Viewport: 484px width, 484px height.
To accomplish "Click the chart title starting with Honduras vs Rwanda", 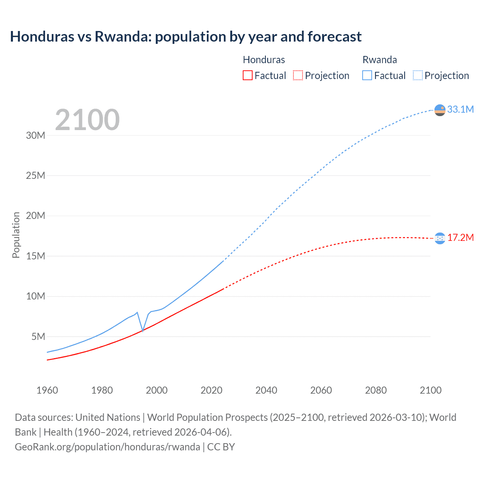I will pos(186,37).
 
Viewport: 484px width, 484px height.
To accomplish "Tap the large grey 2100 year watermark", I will pos(87,120).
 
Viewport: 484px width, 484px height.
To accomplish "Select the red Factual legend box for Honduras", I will pos(247,75).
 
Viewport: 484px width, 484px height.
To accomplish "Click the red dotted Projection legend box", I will pos(298,75).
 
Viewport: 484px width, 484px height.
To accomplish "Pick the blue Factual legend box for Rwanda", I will pos(367,75).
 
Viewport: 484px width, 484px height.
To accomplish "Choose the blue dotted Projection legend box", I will pos(417,75).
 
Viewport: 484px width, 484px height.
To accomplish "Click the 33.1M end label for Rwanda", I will pos(460,109).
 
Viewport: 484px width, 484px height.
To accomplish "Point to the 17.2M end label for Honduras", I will pos(460,237).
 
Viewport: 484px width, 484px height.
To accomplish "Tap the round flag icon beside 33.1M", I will pos(440,110).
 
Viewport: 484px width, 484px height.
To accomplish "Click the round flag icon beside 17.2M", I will pos(440,238).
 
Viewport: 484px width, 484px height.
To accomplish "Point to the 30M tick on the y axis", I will pos(36,135).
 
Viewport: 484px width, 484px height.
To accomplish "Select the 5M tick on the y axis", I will pos(38,337).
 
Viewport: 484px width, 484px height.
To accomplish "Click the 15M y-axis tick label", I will pos(36,256).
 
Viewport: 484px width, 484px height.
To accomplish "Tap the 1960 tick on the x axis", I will pos(47,390).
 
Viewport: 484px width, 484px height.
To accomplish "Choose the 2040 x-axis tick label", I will pos(266,390).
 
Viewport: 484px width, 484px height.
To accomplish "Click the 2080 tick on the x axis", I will pos(376,390).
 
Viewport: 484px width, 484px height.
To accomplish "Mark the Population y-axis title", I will pos(16,235).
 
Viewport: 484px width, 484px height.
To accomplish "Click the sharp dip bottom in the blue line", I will pos(143,331).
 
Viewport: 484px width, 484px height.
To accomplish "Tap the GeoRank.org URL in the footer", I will pos(107,447).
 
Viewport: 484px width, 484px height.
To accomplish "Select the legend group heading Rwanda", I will pos(380,60).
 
